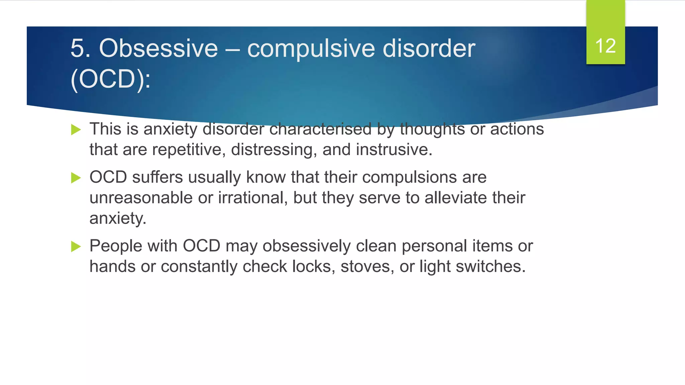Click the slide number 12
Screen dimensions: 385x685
(x=605, y=46)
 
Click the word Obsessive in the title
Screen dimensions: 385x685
(x=159, y=48)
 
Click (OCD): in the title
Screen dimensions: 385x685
(x=111, y=80)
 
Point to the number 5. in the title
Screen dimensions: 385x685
(x=81, y=48)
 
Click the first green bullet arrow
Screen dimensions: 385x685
(x=76, y=130)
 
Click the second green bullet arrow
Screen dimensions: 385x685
(x=76, y=178)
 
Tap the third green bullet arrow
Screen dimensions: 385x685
(x=76, y=247)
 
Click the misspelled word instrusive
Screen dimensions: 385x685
(x=394, y=150)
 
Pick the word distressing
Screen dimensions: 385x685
(x=274, y=150)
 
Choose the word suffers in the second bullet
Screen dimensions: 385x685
(x=157, y=177)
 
